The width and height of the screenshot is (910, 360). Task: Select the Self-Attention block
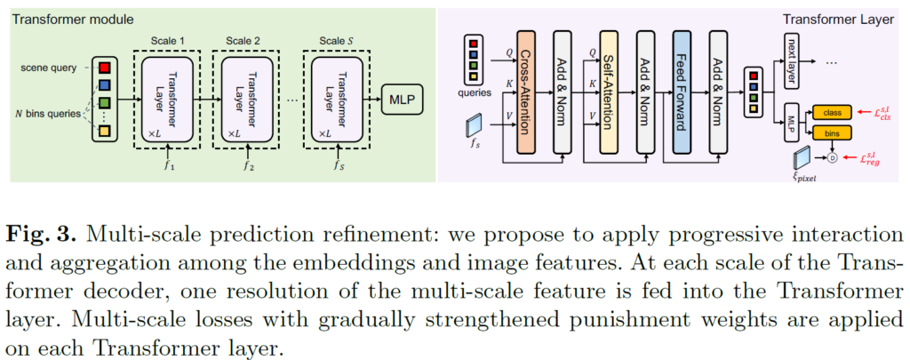click(608, 86)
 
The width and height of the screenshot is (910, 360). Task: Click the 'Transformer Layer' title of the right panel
click(839, 19)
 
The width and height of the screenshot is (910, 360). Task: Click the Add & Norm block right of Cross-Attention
click(564, 86)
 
